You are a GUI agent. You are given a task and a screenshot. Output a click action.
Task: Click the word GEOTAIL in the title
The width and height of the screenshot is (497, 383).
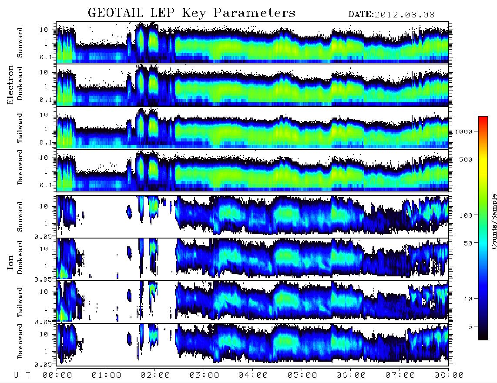116,13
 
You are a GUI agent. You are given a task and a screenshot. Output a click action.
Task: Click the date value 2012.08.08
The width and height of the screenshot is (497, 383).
404,15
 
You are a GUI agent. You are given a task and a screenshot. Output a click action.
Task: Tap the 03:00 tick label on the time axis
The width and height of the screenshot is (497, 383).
205,375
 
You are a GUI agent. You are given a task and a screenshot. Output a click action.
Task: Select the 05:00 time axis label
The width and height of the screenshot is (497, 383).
302,375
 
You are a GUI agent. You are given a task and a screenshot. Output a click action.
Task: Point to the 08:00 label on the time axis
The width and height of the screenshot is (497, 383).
449,375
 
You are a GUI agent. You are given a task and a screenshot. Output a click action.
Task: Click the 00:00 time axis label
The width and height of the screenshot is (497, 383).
57,375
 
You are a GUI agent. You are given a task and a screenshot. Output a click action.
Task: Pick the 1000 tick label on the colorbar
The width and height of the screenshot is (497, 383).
463,132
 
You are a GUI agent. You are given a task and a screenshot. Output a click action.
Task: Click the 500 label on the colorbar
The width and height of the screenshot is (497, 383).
466,159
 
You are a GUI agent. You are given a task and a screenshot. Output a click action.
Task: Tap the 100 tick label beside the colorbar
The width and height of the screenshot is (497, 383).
466,215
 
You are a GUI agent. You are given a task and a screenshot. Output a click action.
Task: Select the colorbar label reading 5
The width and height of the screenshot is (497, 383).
470,327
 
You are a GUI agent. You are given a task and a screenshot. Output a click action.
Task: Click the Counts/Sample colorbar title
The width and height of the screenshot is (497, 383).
494,221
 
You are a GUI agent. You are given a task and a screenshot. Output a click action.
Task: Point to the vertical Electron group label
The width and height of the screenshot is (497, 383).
10,84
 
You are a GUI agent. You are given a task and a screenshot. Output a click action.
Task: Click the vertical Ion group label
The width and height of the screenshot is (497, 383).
10,262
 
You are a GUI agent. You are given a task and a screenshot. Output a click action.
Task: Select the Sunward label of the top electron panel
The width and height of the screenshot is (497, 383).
20,43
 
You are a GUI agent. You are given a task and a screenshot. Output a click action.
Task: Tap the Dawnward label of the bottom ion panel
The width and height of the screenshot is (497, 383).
20,341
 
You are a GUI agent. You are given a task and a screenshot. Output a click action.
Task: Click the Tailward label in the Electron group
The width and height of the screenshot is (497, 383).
20,128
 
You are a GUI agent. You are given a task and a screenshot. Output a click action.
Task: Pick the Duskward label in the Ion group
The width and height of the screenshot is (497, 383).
20,257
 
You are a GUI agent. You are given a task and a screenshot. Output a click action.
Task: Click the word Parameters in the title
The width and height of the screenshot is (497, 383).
254,13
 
